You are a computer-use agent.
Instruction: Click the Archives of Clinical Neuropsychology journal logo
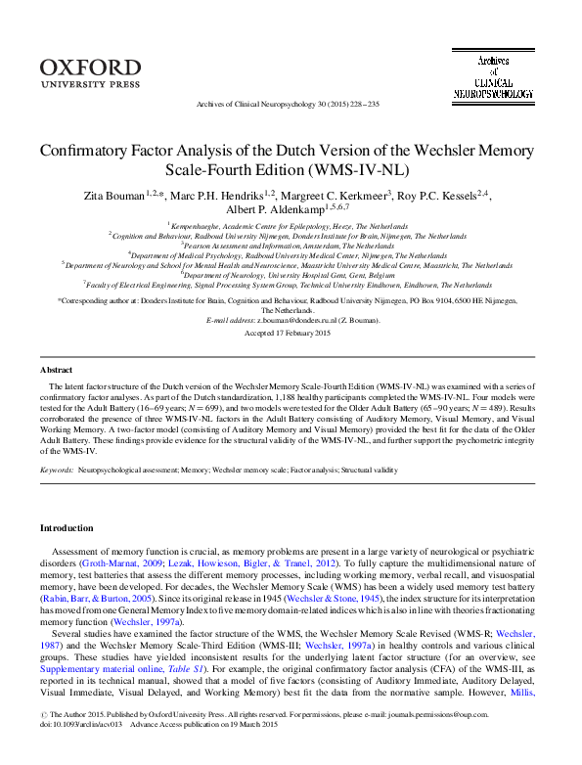pyautogui.click(x=493, y=77)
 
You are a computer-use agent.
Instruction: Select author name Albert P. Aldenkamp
pyautogui.click(x=266, y=212)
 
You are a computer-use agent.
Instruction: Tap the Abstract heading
pyautogui.click(x=56, y=342)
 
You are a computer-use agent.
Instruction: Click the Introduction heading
pyautogui.click(x=67, y=528)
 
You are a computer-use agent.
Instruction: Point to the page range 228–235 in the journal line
pyautogui.click(x=361, y=103)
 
